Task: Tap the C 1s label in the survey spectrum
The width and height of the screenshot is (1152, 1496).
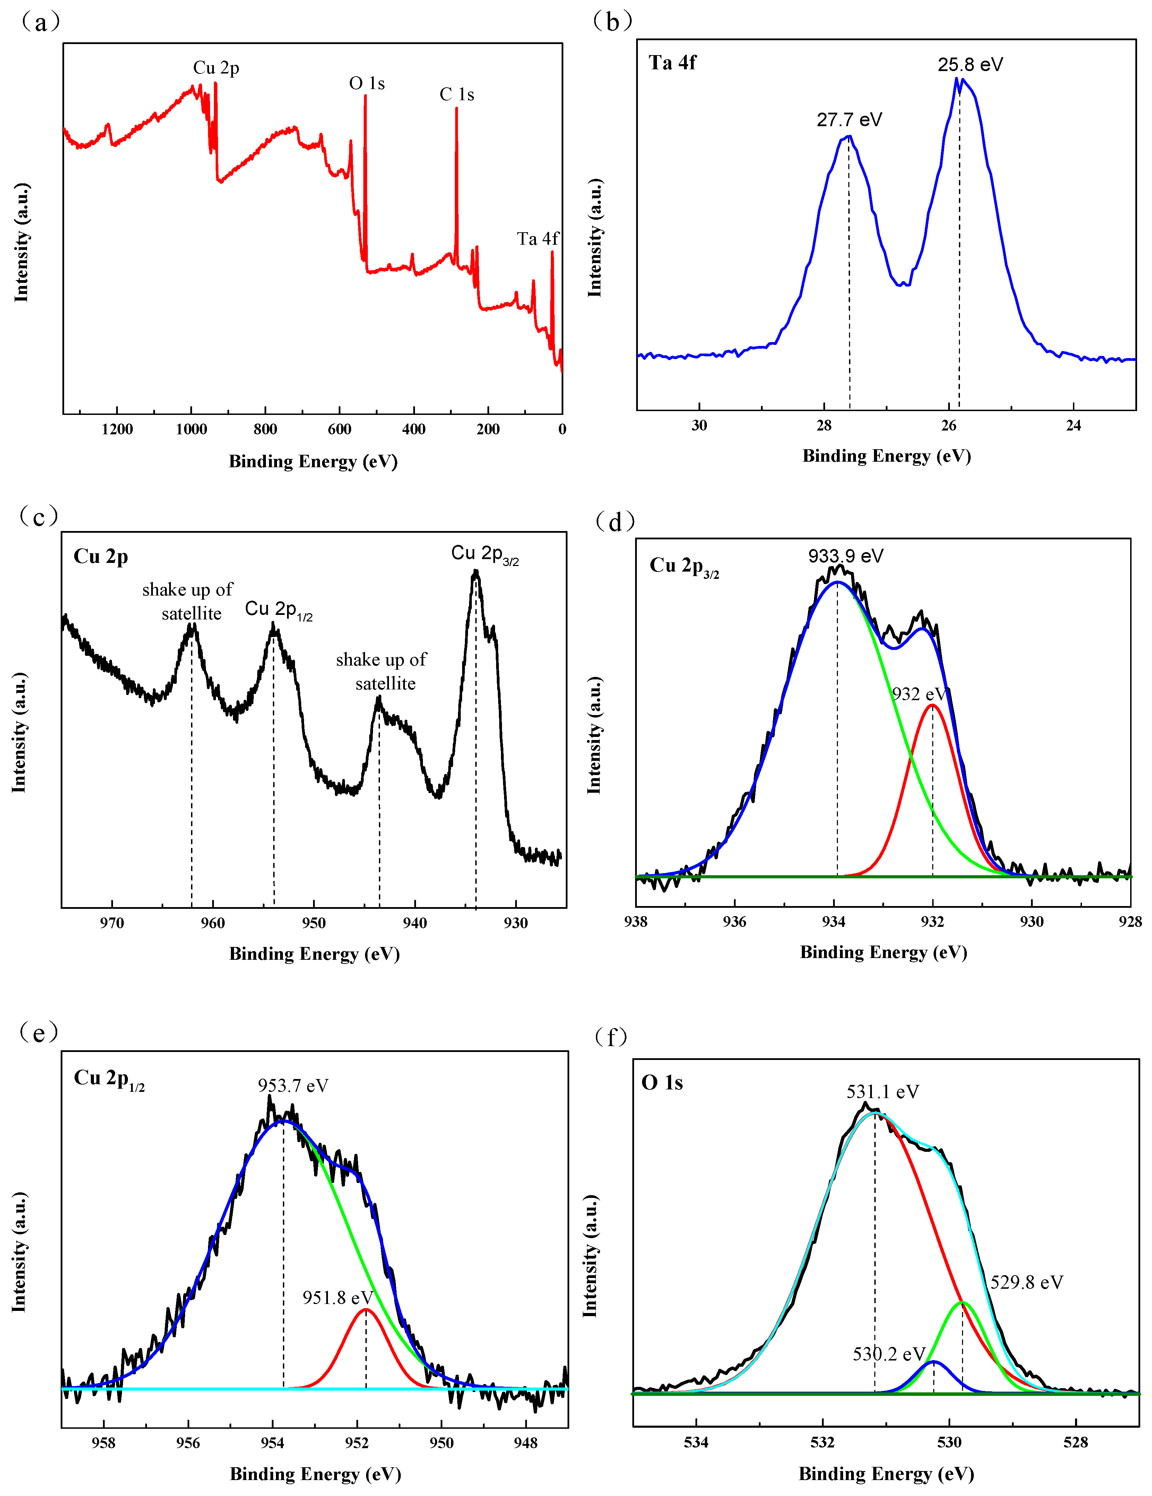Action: click(457, 95)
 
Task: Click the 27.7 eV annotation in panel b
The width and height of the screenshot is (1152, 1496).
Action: click(849, 120)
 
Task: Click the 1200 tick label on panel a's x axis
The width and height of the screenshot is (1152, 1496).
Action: click(117, 429)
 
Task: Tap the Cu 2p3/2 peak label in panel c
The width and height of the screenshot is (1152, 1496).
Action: click(484, 554)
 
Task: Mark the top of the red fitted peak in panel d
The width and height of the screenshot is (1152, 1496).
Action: click(932, 705)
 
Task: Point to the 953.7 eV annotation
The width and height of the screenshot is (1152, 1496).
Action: click(293, 1086)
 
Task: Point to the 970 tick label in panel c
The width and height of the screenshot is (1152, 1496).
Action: click(112, 923)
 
